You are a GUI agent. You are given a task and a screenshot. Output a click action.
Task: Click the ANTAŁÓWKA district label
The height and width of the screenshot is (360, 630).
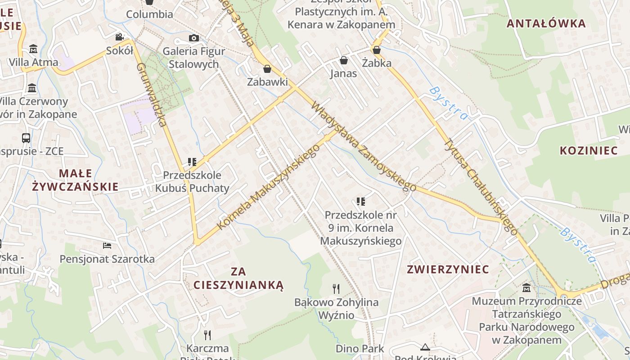point(546,23)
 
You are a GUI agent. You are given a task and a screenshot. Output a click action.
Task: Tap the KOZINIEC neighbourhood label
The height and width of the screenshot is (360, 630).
point(589,150)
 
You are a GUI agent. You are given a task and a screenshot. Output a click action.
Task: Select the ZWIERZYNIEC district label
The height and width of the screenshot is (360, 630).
point(448,270)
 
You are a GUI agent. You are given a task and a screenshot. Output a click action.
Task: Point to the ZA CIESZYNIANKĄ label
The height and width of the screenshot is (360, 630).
point(238,278)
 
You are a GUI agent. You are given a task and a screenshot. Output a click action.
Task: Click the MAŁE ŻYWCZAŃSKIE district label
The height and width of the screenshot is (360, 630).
point(76,180)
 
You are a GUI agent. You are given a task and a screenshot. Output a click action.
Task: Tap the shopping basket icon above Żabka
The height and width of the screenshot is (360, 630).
point(377,49)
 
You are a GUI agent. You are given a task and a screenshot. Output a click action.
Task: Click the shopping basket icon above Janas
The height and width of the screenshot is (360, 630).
point(344,60)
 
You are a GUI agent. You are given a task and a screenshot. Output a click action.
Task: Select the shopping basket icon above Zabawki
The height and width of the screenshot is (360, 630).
point(267,69)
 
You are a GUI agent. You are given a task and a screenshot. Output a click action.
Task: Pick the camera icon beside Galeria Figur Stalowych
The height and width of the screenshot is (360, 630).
point(194,38)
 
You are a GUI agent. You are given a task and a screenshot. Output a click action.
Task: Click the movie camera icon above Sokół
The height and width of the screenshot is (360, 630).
point(119,37)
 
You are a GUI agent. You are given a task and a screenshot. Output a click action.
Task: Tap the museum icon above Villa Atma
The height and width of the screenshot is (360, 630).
point(33,49)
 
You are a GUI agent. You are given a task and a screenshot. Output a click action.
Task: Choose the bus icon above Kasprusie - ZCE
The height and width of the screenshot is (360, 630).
point(26,138)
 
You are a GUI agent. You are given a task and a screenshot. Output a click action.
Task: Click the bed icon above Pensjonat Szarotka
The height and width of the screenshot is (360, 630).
point(107,245)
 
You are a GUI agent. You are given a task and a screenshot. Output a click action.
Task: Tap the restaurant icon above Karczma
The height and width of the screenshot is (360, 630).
point(207,335)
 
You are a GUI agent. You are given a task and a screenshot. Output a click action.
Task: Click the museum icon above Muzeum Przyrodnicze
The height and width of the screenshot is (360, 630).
point(526,288)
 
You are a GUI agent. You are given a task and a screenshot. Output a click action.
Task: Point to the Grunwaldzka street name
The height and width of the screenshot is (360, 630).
point(152,94)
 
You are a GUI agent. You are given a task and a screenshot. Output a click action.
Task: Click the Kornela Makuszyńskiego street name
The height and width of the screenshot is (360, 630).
point(268,187)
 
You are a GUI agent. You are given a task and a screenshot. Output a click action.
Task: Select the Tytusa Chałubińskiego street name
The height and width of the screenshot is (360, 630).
point(481,185)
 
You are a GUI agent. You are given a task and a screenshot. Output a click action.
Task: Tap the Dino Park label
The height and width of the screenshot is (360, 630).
point(360,348)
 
